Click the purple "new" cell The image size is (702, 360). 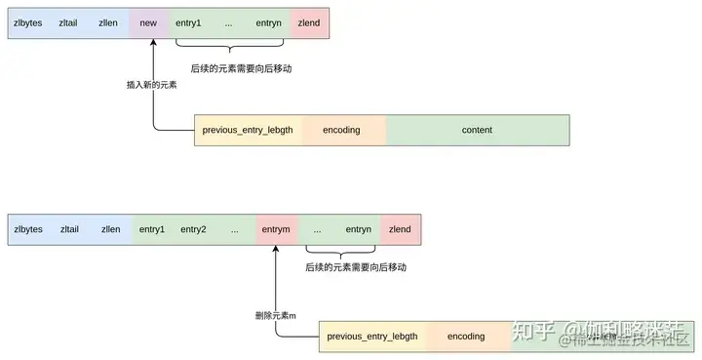(x=148, y=21)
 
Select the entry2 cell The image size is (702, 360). (x=192, y=229)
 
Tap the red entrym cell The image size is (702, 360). (x=276, y=229)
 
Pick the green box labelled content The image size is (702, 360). (x=477, y=130)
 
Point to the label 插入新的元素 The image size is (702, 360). (x=151, y=85)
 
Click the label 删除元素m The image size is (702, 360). (x=275, y=314)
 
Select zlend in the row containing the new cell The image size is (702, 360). (x=309, y=21)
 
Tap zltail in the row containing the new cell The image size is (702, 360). (x=69, y=21)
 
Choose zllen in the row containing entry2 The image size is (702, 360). (x=111, y=229)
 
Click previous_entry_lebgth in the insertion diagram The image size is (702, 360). (x=248, y=130)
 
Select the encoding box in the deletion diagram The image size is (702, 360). (x=466, y=337)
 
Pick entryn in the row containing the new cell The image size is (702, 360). (x=268, y=21)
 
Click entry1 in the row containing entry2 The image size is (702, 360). (x=152, y=229)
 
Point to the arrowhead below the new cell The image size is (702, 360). (x=153, y=43)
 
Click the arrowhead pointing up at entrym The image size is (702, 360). (x=276, y=250)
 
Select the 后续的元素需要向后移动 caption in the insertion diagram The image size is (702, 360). (x=242, y=69)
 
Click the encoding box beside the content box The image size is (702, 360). (x=341, y=130)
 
